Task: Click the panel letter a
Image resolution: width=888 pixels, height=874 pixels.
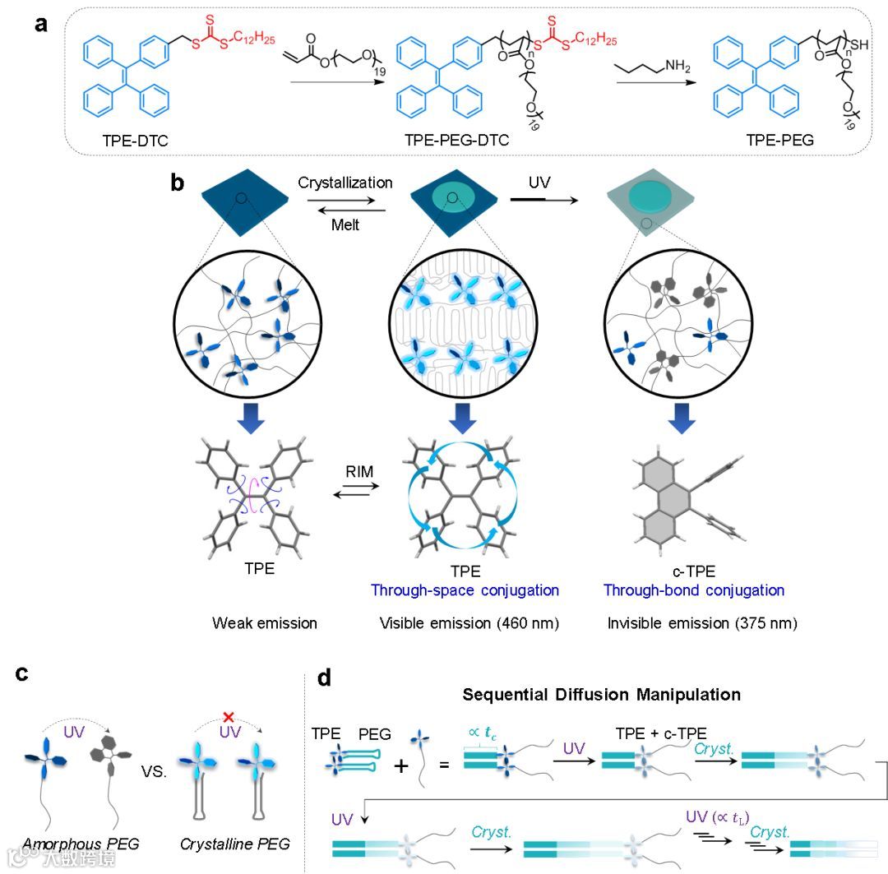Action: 40,24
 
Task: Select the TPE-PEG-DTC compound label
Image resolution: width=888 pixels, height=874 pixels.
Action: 456,141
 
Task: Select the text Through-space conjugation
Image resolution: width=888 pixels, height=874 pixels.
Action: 465,590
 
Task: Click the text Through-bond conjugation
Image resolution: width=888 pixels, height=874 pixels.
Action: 694,590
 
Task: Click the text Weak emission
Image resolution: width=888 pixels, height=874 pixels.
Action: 264,623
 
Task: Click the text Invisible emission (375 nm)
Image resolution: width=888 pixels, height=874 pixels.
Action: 703,623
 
